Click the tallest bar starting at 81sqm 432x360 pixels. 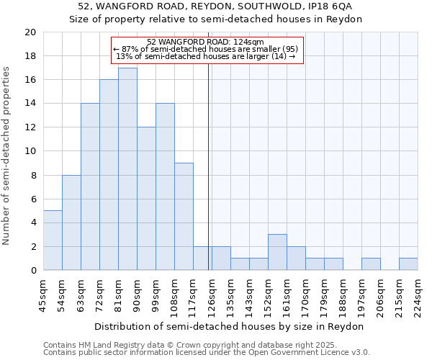coord(127,169)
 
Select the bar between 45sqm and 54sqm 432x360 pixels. coord(53,240)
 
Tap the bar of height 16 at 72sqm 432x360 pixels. coord(109,175)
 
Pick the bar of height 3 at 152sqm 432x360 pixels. coord(277,253)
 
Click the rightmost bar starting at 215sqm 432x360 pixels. coord(408,264)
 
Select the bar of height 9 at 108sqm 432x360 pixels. coord(184,217)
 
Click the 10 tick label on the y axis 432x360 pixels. coord(31,151)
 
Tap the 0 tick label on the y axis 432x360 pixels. coord(33,271)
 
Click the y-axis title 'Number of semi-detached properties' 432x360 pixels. coord(7,156)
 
